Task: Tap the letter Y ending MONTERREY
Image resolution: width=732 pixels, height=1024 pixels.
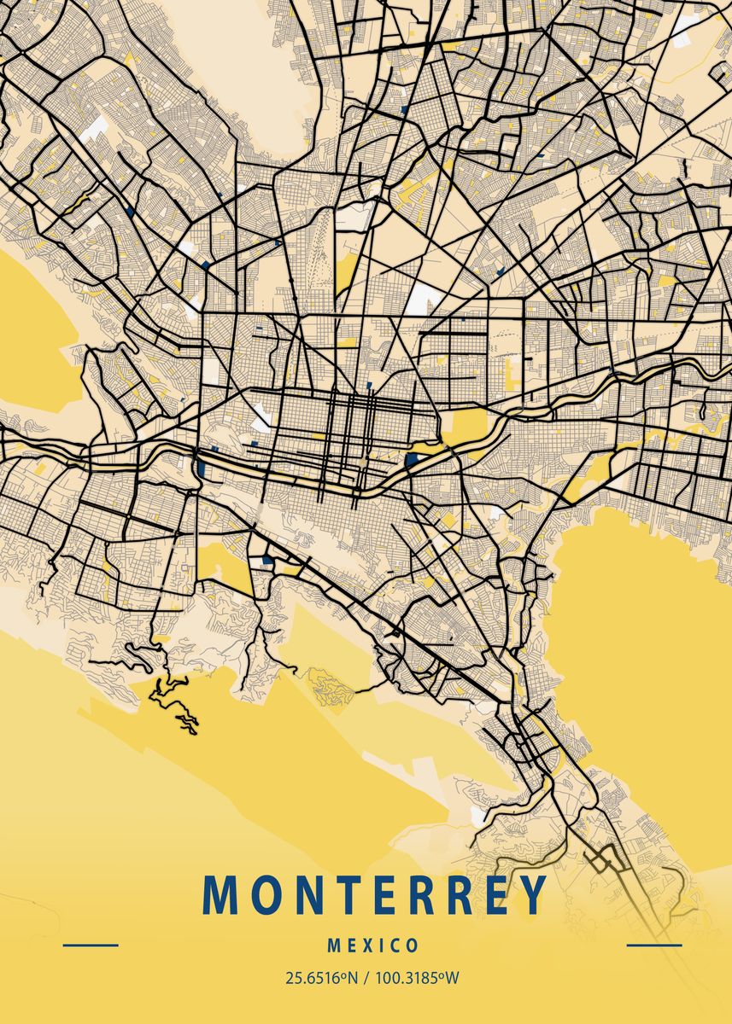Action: point(531,894)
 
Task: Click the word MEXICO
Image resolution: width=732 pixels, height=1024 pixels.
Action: point(373,945)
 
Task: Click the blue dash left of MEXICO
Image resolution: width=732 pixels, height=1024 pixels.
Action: point(91,945)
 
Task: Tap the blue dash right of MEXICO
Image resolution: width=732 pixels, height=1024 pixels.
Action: point(654,945)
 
